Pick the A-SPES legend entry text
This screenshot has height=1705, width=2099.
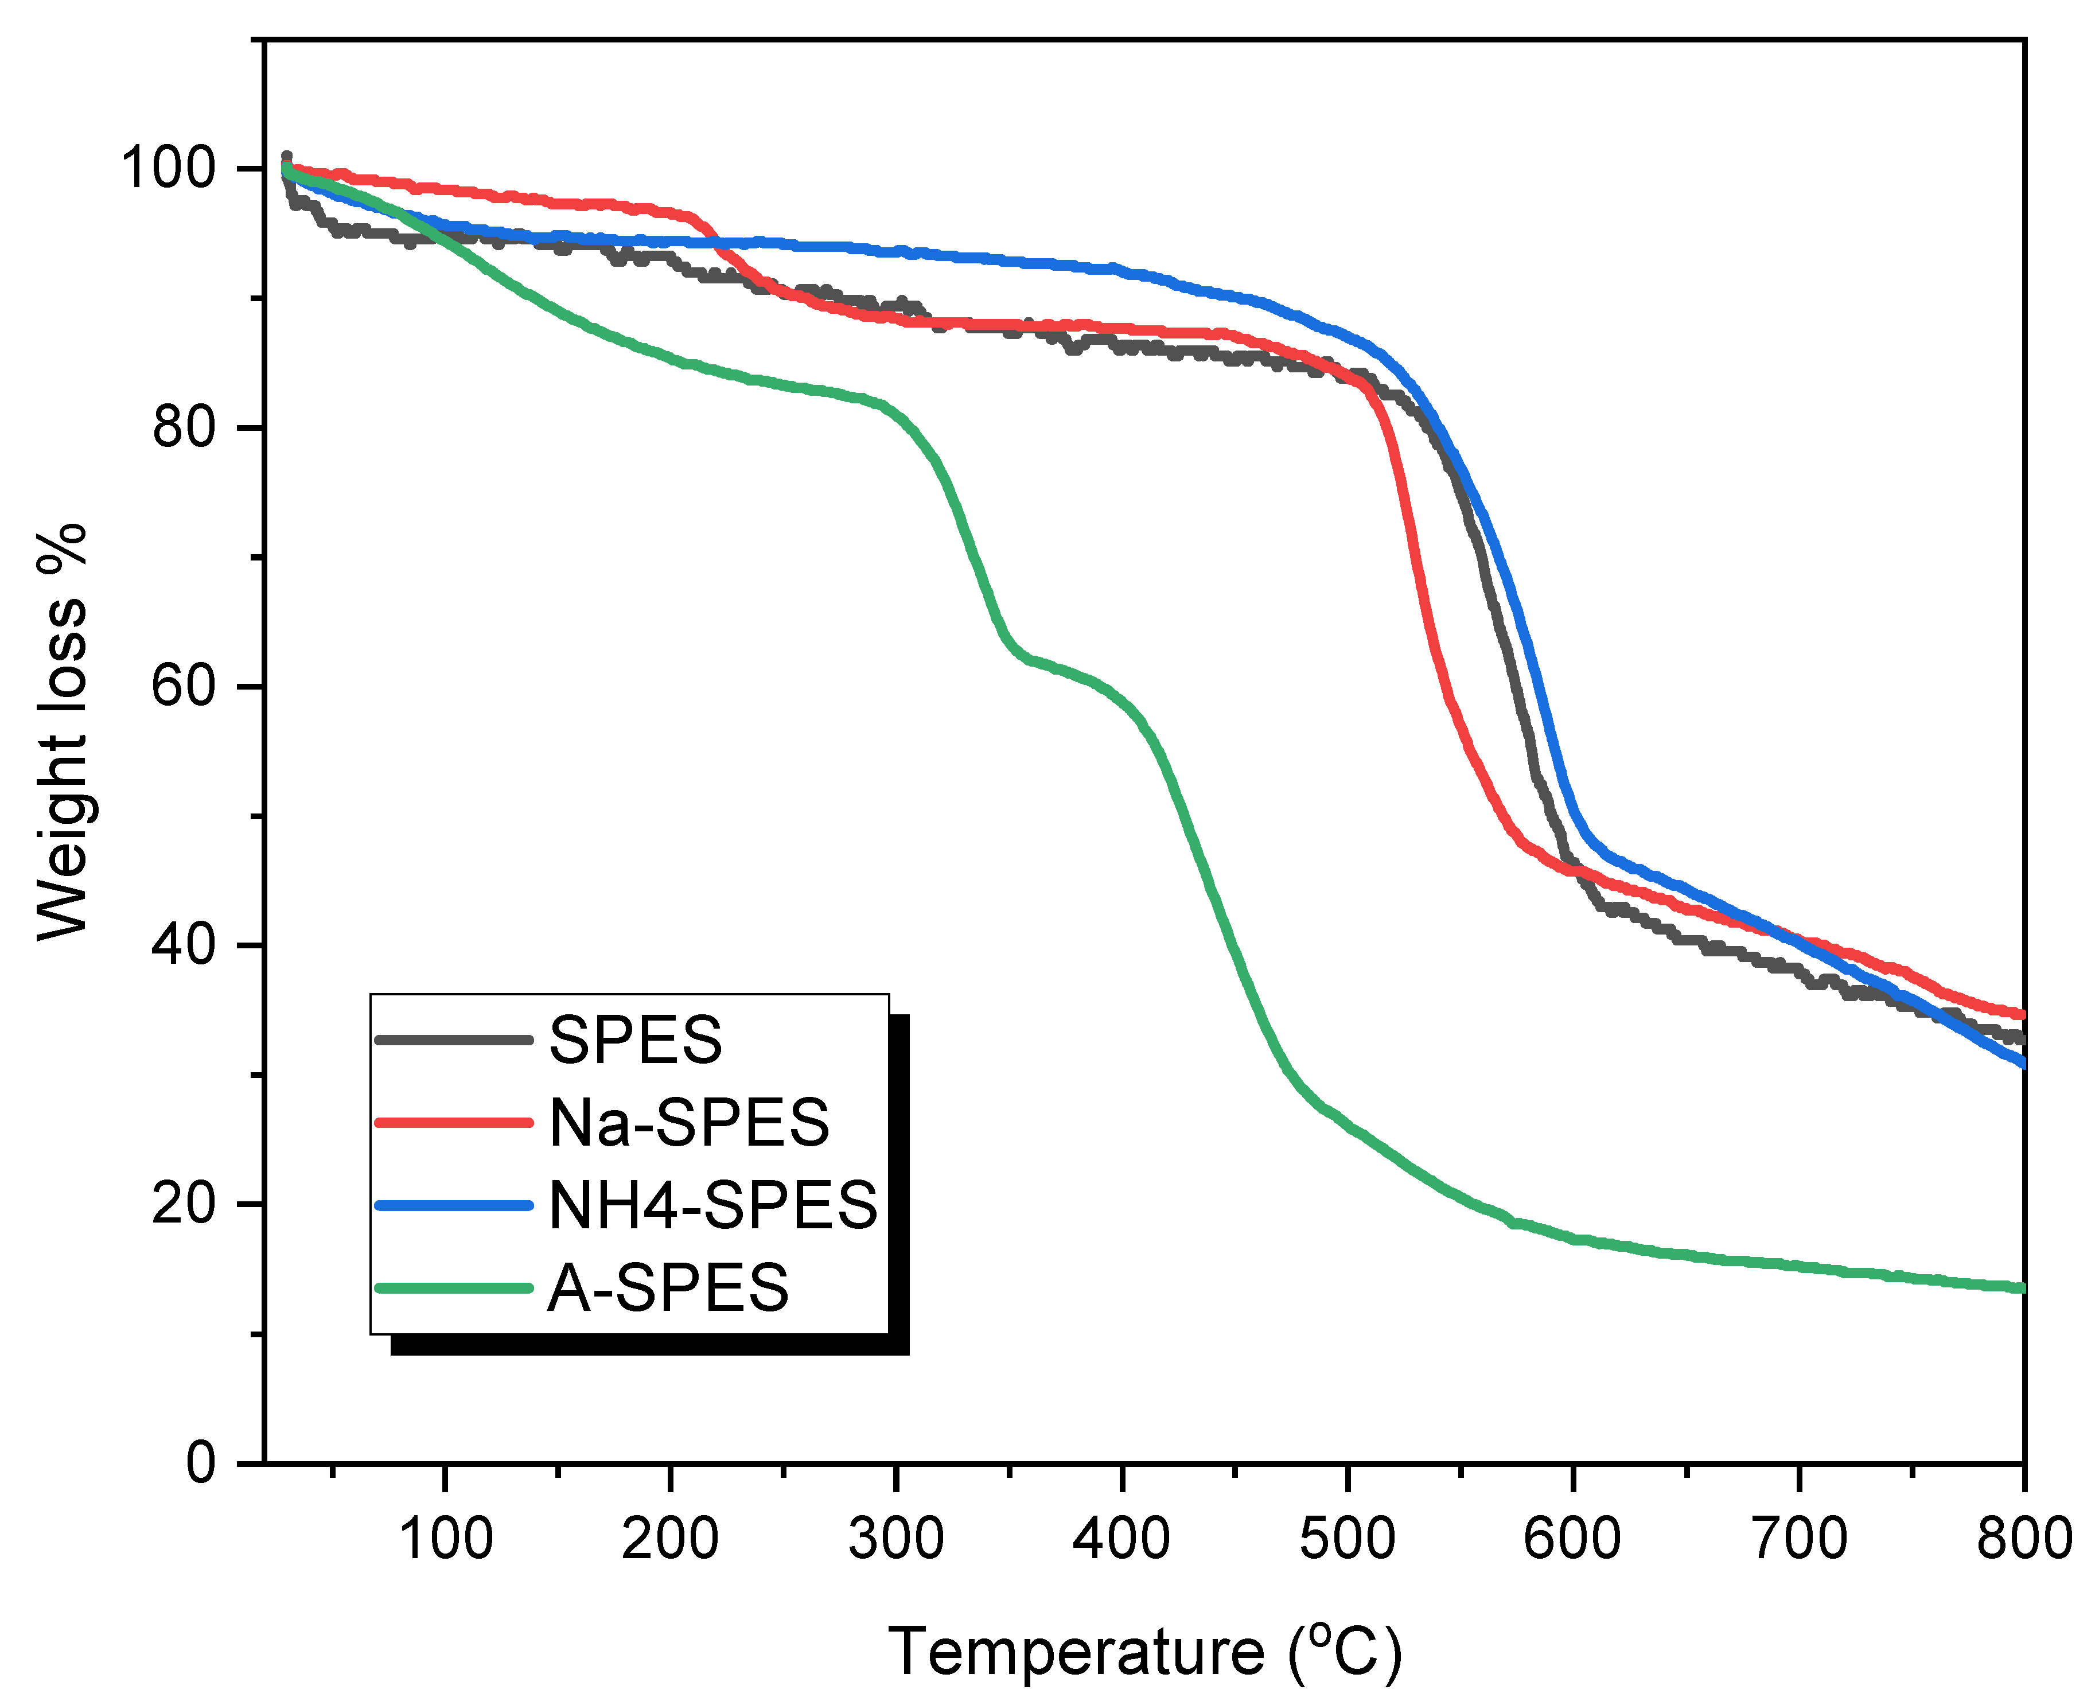pyautogui.click(x=668, y=1287)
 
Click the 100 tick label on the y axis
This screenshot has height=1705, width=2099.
pyautogui.click(x=167, y=168)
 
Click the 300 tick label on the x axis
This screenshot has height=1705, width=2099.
pyautogui.click(x=896, y=1538)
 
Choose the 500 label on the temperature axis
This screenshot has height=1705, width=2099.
pyautogui.click(x=1346, y=1538)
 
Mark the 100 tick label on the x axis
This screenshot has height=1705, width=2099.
pyautogui.click(x=445, y=1538)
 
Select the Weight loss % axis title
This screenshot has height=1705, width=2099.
pyautogui.click(x=61, y=731)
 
